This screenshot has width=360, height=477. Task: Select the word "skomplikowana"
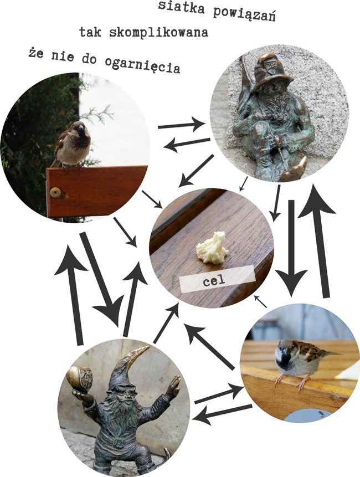(158, 32)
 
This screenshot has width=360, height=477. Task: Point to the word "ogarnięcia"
(142, 65)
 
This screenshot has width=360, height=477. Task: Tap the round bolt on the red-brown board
(55, 192)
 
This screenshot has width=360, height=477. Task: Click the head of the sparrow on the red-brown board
(79, 129)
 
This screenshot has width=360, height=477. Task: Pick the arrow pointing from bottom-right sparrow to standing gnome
(222, 414)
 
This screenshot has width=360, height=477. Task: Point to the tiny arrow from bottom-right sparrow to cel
(260, 301)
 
